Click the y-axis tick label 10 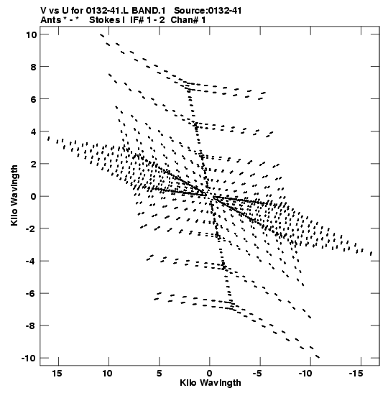click(32, 34)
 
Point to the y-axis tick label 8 click(34, 67)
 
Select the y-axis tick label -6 click(32, 293)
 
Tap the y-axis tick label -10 click(29, 358)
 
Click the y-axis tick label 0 click(34, 197)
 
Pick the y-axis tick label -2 click(32, 228)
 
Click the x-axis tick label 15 click(57, 374)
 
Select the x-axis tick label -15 click(356, 374)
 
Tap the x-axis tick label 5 click(160, 374)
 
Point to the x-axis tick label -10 click(305, 374)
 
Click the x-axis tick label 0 click(210, 374)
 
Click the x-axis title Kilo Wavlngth click(211, 383)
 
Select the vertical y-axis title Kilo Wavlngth click(14, 195)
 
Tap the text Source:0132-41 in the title click(208, 11)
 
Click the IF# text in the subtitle click(137, 20)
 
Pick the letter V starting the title click(44, 11)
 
